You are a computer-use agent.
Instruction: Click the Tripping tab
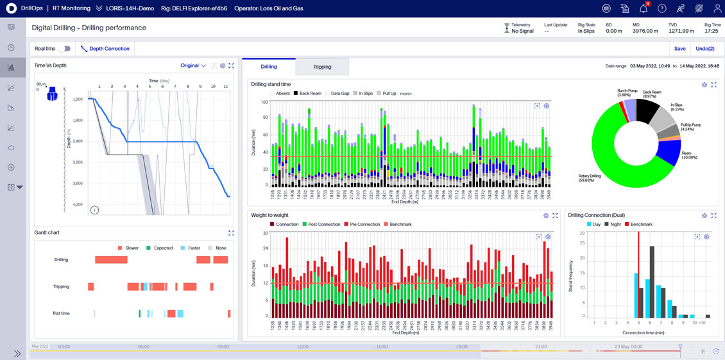[322, 67]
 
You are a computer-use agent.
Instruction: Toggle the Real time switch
[64, 49]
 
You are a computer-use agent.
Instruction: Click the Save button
[679, 49]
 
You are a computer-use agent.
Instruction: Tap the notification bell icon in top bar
[643, 9]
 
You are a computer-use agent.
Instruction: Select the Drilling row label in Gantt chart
[61, 260]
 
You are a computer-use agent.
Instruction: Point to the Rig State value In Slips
[586, 31]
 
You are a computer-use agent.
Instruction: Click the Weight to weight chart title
[269, 216]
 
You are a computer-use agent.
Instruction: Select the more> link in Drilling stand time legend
[405, 94]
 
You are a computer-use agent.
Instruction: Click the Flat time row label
[61, 313]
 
